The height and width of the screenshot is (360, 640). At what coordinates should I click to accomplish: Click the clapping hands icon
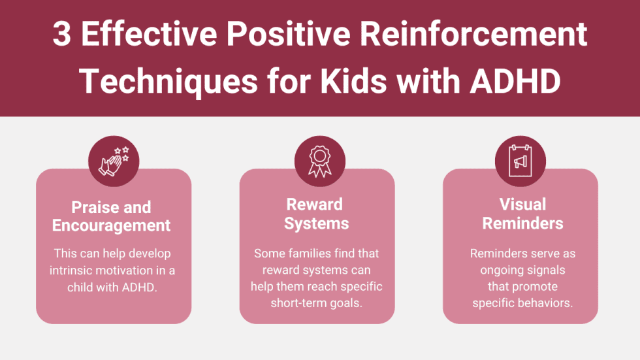click(x=113, y=161)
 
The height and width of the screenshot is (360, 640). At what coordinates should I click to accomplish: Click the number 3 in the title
click(x=61, y=35)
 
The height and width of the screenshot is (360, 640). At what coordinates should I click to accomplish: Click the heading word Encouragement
click(x=112, y=225)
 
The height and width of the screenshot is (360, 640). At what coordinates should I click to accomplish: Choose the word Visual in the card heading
click(x=522, y=205)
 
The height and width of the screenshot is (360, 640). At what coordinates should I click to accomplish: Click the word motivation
click(x=128, y=270)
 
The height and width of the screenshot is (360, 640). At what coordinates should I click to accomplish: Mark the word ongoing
click(x=504, y=270)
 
